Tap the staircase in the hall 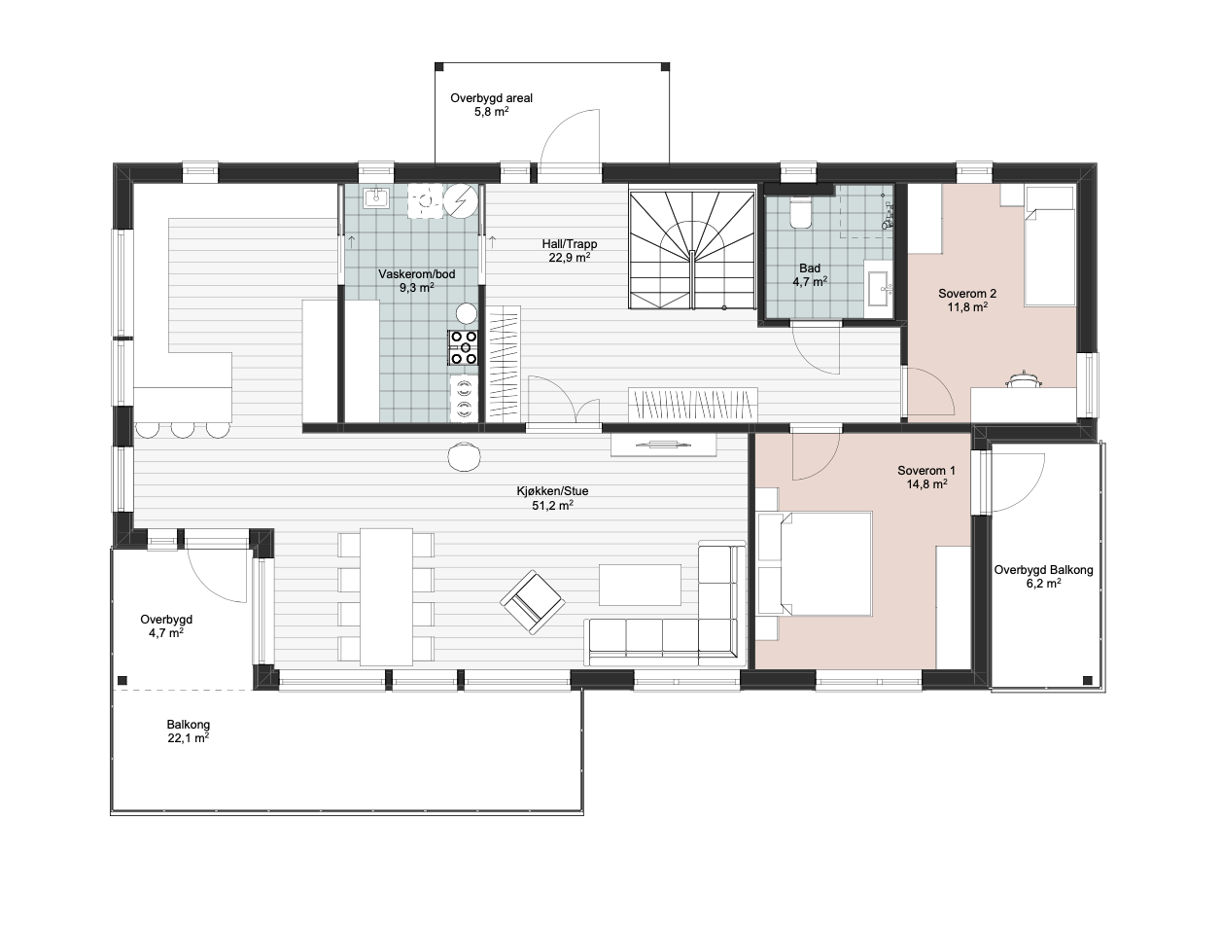pos(692,249)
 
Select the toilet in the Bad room pos(800,213)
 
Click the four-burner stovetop pos(463,347)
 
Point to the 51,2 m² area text pos(552,505)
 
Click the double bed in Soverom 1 pos(815,563)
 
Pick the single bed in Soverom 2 pos(1049,246)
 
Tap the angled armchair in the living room pos(533,602)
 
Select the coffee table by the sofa pos(640,585)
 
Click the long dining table pos(387,596)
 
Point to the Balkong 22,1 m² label pos(188,732)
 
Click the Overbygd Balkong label pos(1043,570)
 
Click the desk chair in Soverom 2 pos(1023,378)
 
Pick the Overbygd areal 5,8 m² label pos(491,105)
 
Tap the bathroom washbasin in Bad pos(879,289)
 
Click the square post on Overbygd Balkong pos(1088,680)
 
